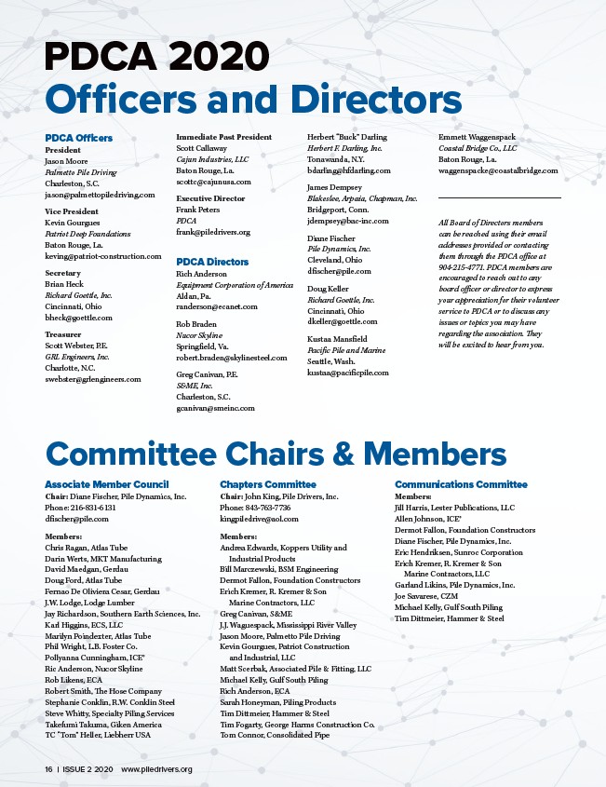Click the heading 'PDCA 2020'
click(157, 58)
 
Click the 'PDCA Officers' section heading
click(79, 138)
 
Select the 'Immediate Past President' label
click(223, 137)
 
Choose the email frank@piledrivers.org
click(213, 232)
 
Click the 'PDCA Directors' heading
click(212, 263)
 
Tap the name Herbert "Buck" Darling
click(347, 137)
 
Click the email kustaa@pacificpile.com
click(348, 373)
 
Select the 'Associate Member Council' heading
click(107, 484)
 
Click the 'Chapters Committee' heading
click(268, 484)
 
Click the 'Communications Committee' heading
click(461, 484)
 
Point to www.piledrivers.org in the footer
click(156, 769)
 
